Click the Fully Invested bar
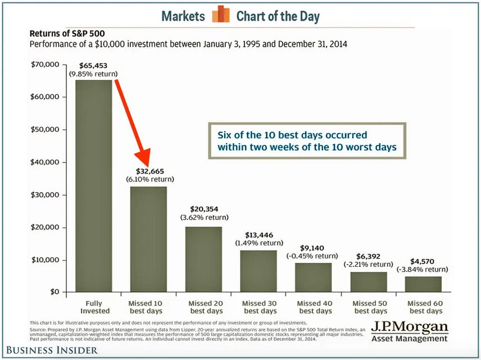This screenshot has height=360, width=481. (94, 185)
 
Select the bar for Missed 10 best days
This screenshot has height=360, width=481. (148, 239)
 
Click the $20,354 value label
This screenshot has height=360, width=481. (203, 206)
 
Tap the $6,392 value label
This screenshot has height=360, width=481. (369, 256)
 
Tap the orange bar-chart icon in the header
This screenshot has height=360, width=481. (220, 15)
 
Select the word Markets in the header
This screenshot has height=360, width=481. (183, 16)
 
